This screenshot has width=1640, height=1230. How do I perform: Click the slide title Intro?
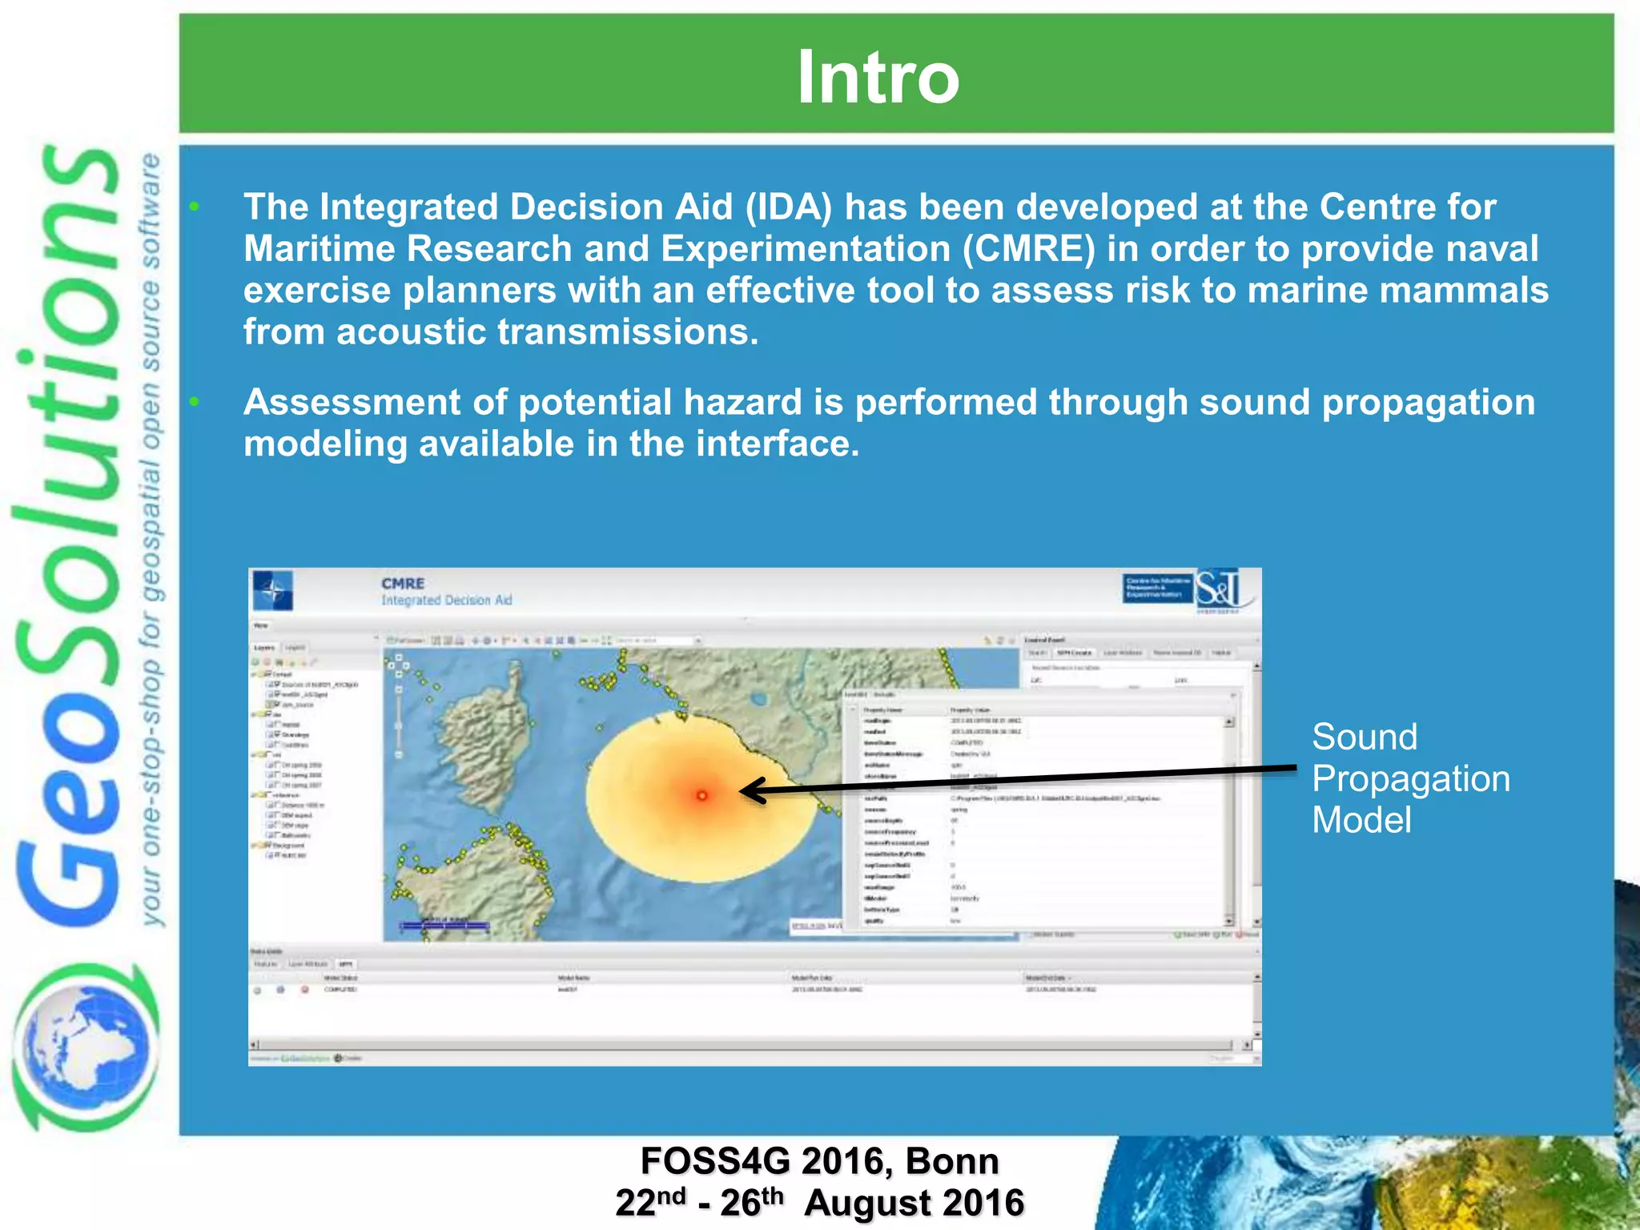coord(878,77)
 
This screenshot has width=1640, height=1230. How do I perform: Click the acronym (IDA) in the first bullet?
coord(789,207)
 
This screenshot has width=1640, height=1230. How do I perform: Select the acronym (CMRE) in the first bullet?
coord(1028,249)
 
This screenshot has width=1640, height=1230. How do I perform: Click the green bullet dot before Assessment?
coord(195,402)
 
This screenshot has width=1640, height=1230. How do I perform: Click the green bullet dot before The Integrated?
coord(195,207)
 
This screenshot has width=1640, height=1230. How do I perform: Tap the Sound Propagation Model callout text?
coord(1409,778)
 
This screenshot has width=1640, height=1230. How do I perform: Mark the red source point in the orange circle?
coord(702,795)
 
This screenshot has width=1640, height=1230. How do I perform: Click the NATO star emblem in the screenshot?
coord(272,592)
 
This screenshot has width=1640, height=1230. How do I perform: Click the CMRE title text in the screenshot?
coord(403,584)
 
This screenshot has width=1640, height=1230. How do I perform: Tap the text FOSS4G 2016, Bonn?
coord(819,1161)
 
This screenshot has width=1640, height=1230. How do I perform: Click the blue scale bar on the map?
coord(444,926)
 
